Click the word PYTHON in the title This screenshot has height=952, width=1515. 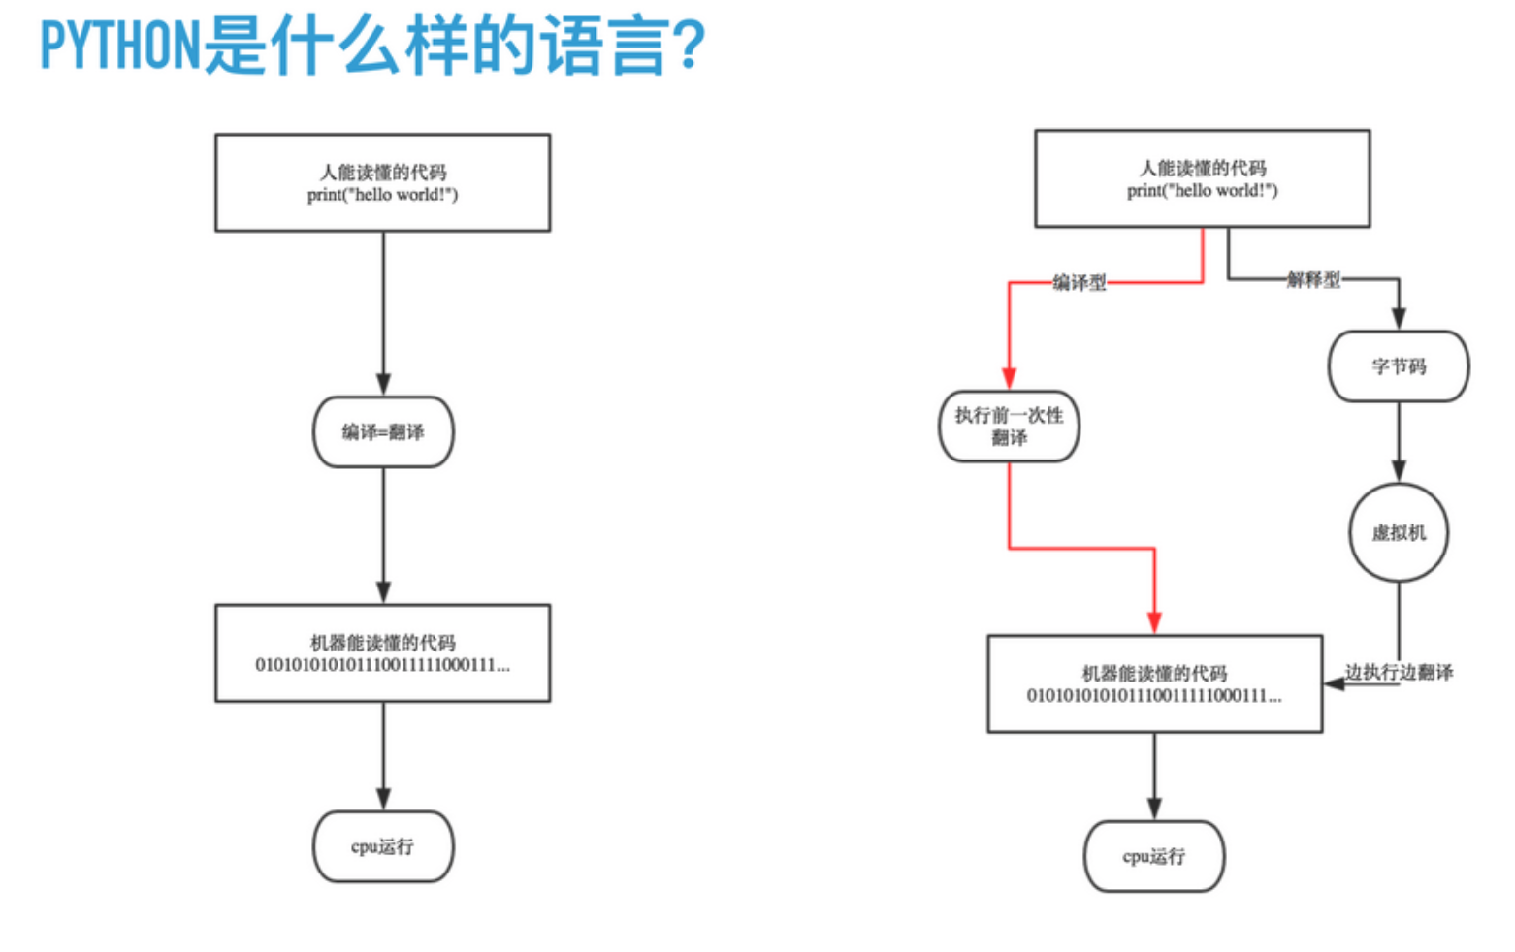pos(120,45)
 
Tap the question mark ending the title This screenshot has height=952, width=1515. pos(690,45)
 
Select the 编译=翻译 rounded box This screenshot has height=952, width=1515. pos(383,432)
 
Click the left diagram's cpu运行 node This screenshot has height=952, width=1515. pos(383,846)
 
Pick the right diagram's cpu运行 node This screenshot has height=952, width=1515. pos(1154,856)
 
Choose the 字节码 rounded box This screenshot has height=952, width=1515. pos(1399,366)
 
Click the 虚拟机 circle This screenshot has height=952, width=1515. pos(1399,533)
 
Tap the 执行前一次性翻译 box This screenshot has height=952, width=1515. pos(1009,427)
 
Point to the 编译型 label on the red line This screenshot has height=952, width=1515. pos(1080,282)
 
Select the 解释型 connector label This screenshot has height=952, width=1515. pos(1313,278)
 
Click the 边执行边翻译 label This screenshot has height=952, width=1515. pos(1399,672)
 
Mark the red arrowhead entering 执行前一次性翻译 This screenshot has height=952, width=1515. pos(1009,379)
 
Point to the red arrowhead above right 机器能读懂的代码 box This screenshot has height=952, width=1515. pos(1154,622)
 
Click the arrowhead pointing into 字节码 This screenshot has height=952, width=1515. pos(1399,318)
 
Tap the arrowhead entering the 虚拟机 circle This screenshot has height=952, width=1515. pos(1399,471)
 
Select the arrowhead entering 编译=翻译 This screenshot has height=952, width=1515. pos(383,385)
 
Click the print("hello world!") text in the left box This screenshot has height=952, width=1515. pos(383,195)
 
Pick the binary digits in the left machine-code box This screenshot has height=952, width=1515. pos(383,665)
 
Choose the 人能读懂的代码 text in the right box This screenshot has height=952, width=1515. pos(1203,168)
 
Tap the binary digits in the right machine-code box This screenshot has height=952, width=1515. pos(1154,696)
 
